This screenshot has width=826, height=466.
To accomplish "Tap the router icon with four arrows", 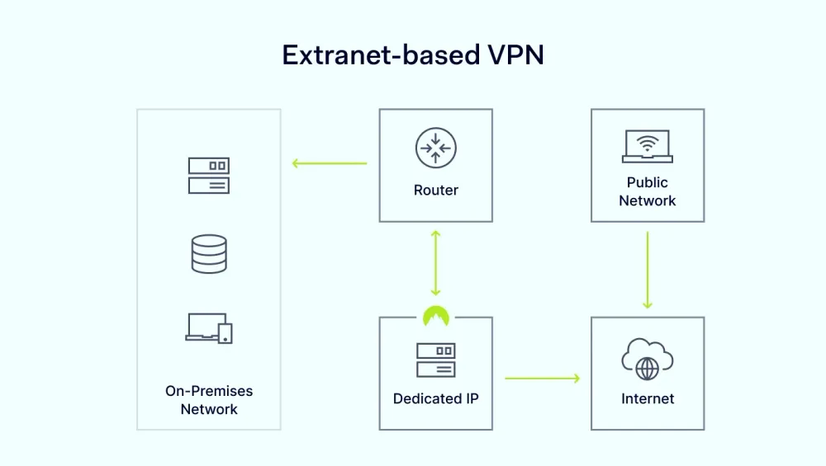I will [436, 148].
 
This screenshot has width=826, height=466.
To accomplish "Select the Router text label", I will [436, 191].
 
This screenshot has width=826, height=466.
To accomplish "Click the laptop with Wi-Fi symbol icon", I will [647, 147].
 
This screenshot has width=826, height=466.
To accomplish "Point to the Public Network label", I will [648, 191].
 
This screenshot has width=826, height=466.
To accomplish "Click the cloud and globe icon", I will [648, 360].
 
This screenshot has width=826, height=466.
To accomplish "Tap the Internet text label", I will [648, 399].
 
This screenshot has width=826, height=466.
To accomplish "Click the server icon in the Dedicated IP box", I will [436, 360].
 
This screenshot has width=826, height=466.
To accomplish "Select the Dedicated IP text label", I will [436, 399].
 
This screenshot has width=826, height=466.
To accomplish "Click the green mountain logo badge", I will [436, 316].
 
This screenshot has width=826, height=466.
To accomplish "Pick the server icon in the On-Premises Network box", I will [209, 176].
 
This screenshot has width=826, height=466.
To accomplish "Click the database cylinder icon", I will [209, 253].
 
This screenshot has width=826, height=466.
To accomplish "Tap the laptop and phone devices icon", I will [209, 328].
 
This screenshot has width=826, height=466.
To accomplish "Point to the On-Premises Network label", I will [209, 400].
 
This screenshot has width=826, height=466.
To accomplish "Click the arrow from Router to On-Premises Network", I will [330, 163].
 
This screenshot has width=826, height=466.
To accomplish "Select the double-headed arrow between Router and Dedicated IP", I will [436, 263].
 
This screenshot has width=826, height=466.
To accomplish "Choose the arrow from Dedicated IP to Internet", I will [542, 379].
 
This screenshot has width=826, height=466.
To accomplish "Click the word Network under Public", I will [648, 200].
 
